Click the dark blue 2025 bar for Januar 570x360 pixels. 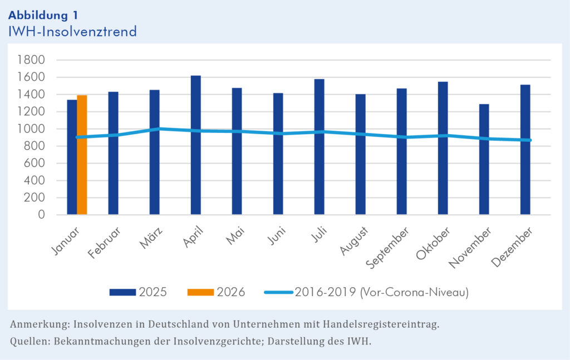pos(72,157)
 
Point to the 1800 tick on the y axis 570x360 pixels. pos(33,60)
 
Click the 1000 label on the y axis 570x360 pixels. pos(33,129)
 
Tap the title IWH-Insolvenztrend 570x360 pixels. pos(72,31)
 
